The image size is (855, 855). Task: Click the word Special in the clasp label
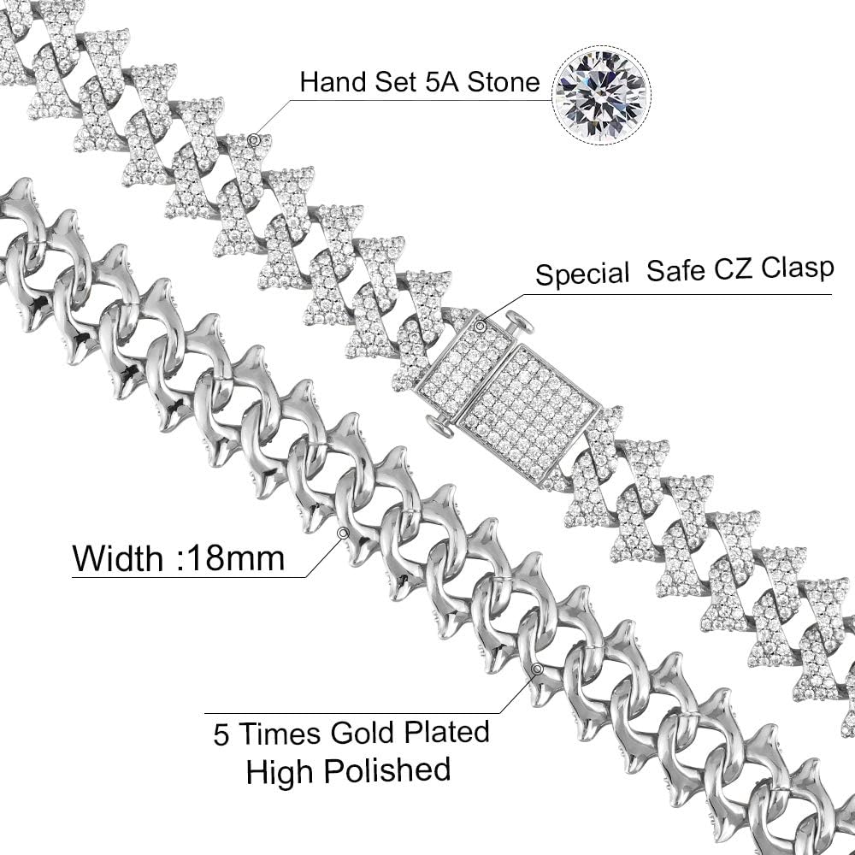coord(582,274)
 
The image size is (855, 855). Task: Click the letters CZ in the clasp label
coord(740,269)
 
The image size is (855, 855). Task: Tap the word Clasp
coord(800,268)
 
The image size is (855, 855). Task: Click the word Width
coord(117,558)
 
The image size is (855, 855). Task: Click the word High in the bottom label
coord(280,771)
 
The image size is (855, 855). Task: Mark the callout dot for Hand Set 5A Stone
coord(254,138)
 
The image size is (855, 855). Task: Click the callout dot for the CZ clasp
coord(481,325)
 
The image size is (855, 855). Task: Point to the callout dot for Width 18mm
coord(343,533)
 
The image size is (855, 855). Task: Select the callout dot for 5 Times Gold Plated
coord(537,669)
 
